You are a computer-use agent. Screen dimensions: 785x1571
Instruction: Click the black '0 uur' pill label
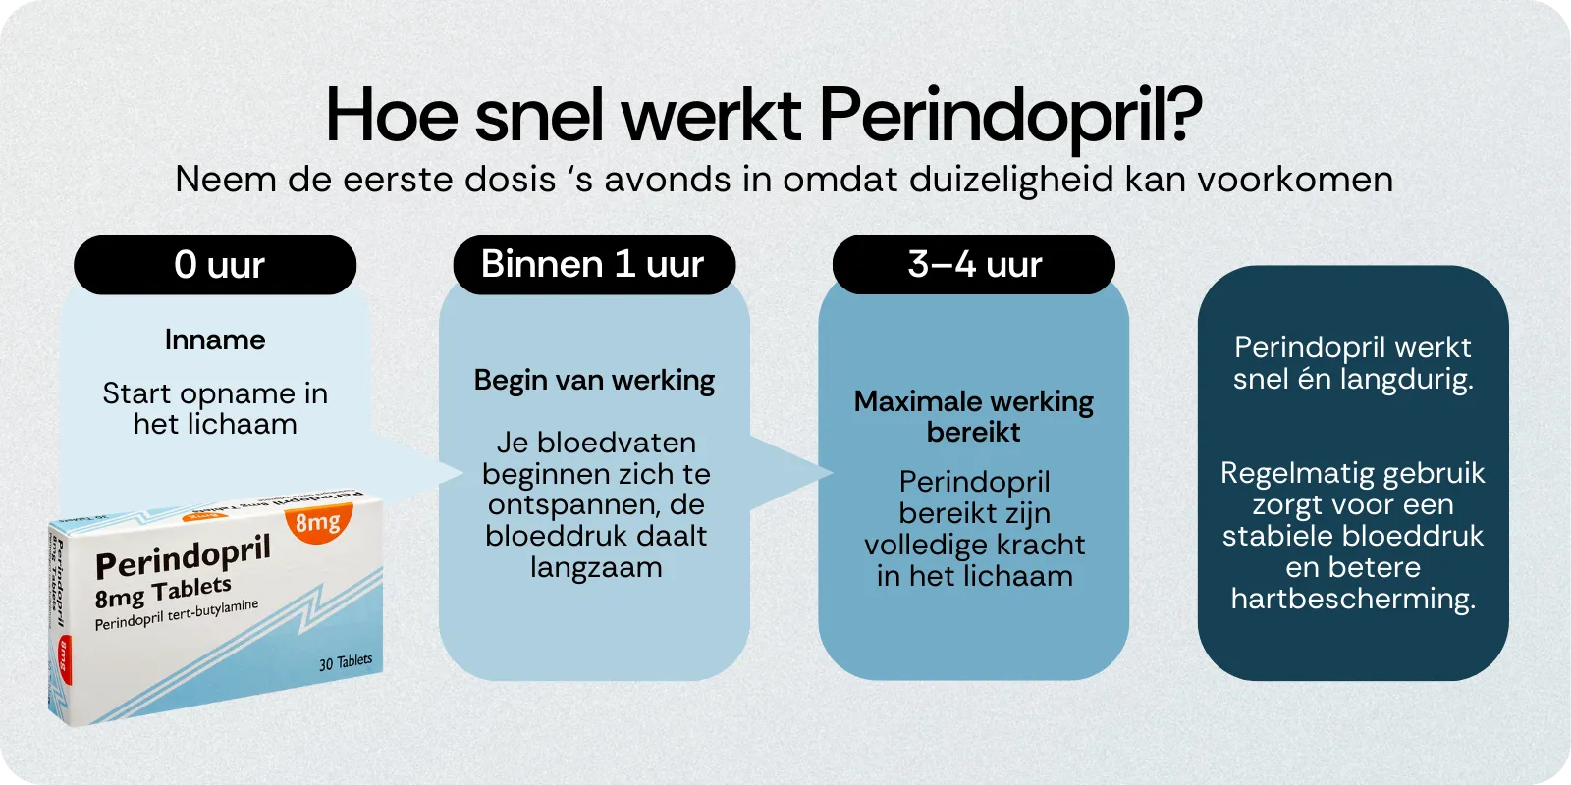tap(215, 265)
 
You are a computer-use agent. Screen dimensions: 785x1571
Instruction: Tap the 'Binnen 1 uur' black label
tap(594, 265)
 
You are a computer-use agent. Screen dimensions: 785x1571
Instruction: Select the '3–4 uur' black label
tap(974, 265)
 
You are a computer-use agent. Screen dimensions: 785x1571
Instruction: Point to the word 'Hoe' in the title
tap(391, 116)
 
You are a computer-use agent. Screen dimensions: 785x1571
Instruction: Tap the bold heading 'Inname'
tap(215, 340)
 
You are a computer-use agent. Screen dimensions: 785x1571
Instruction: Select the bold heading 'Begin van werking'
tap(594, 380)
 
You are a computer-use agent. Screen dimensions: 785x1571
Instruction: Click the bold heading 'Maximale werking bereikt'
tap(974, 416)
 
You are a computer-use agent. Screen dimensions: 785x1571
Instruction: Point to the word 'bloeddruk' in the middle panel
tap(544, 536)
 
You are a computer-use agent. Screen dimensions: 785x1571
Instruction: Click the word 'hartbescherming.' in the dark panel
tap(1353, 599)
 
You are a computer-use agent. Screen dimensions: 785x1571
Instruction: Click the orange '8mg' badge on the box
tap(317, 521)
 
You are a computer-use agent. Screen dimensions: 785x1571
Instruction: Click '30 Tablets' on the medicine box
tap(346, 662)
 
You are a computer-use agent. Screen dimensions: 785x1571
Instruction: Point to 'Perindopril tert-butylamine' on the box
tap(177, 615)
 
